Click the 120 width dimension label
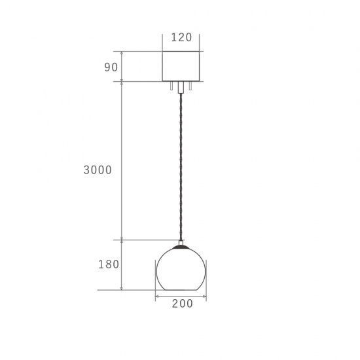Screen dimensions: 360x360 (181, 37)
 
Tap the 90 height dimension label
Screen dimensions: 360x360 (111, 67)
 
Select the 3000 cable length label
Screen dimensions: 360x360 (98, 170)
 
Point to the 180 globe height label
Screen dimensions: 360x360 (109, 264)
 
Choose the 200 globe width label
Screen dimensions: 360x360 (183, 304)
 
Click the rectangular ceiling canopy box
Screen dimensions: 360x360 (181, 66)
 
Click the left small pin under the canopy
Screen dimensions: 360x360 (171, 86)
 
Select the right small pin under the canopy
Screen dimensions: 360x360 (190, 86)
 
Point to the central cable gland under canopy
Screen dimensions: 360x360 (181, 87)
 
